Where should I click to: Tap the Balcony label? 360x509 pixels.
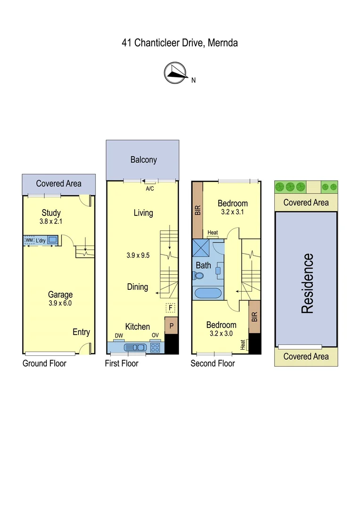pos(143,160)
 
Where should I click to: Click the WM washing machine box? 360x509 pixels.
pos(29,240)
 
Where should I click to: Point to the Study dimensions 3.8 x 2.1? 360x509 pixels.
pos(51,221)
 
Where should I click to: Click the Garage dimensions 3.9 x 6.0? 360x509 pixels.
pos(60,303)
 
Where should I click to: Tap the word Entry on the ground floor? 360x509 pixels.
pos(81,332)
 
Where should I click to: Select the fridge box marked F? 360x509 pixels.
pos(171,308)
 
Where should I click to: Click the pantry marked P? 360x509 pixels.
pos(171,326)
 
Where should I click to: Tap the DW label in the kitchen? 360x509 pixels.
pos(119,336)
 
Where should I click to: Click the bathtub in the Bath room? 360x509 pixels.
pos(208,293)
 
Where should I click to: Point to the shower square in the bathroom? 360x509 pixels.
pos(201,247)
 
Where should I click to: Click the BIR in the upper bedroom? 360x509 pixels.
pos(197,209)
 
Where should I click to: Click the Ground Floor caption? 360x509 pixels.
pos(44,363)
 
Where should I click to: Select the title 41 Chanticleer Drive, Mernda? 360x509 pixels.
pos(180,43)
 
